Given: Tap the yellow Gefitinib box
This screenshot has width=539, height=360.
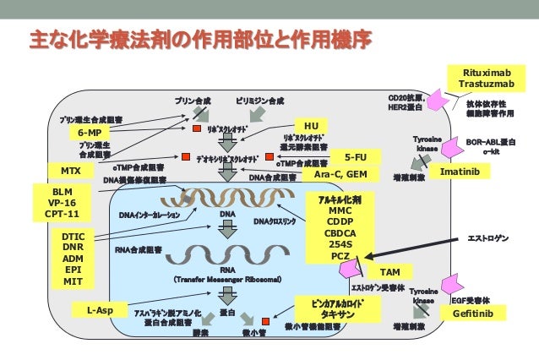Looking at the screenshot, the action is pos(478,314).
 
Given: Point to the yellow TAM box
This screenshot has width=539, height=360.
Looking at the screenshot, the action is pos(389,272).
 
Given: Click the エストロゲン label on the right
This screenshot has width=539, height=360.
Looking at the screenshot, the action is pos(488,240).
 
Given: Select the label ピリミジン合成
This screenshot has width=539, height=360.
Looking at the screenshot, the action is pos(260,100).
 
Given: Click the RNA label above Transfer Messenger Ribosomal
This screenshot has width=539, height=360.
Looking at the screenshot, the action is pos(226,268).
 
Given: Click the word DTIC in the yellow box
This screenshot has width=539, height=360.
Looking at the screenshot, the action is pos(73,236).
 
